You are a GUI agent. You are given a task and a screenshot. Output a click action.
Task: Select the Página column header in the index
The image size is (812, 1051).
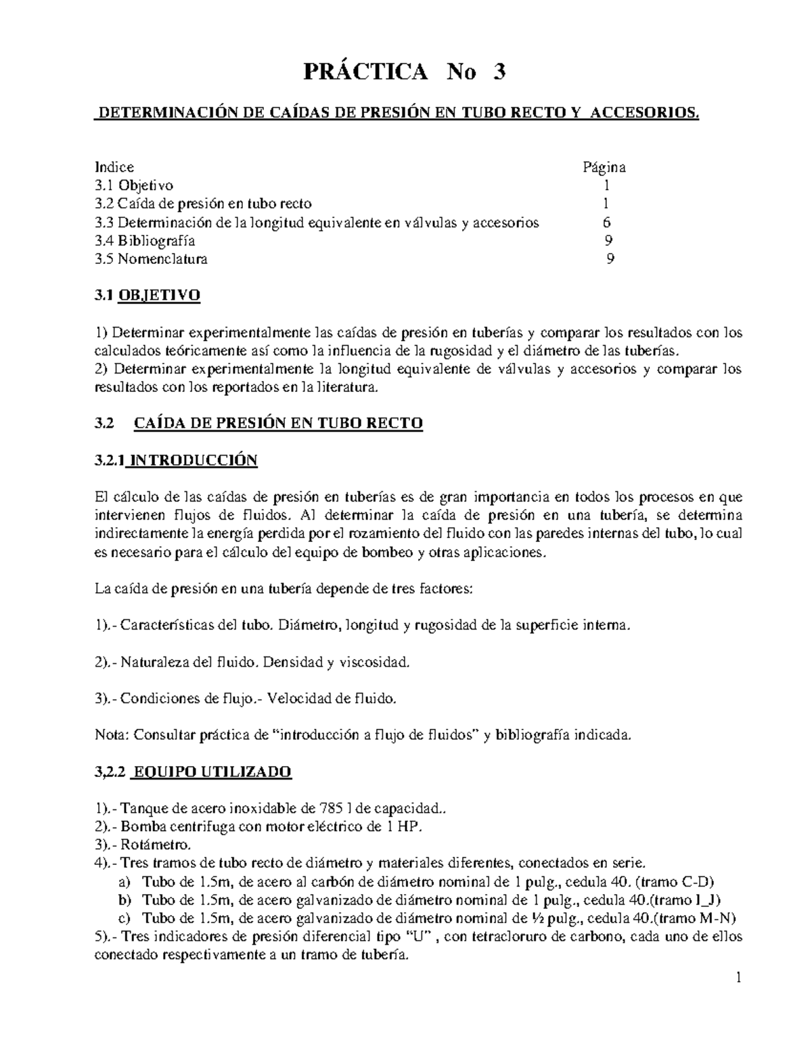(604, 167)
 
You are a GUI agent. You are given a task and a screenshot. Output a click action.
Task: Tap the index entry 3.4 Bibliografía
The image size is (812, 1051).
(145, 240)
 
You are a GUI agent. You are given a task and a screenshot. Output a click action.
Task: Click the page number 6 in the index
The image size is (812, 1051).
(606, 222)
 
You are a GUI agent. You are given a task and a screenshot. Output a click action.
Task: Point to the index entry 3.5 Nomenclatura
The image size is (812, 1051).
(151, 259)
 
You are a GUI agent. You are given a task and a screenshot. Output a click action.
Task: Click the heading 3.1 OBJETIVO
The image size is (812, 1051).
(147, 296)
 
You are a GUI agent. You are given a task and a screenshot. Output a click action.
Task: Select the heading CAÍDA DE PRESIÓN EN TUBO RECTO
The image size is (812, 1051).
(278, 424)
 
